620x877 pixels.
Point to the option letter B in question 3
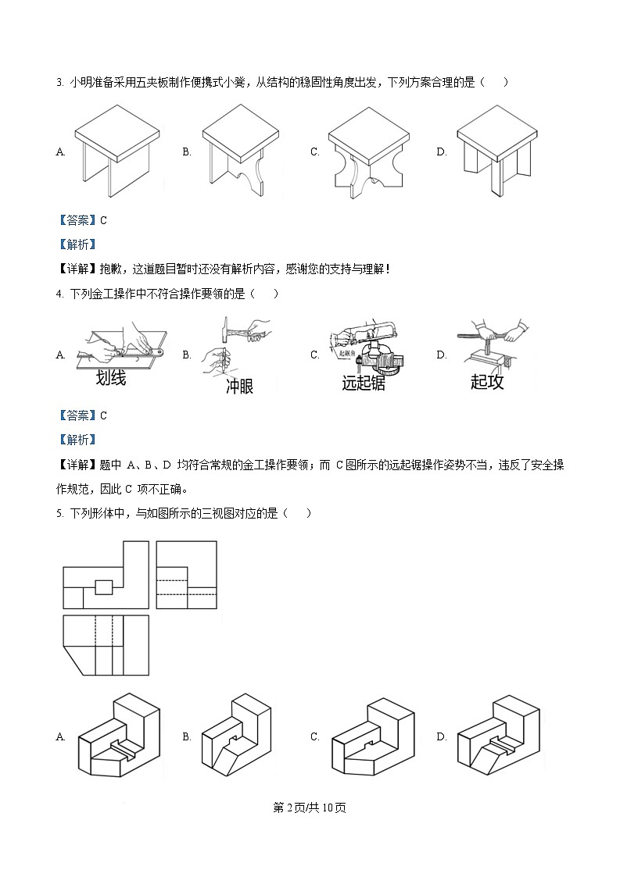[x=187, y=152]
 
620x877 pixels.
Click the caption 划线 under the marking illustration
[x=110, y=378]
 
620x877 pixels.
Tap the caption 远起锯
[x=364, y=383]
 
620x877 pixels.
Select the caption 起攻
[x=487, y=382]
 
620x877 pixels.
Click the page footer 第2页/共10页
[x=310, y=807]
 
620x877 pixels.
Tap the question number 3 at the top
[x=59, y=82]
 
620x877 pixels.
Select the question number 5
[x=59, y=513]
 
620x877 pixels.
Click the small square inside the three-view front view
[x=104, y=587]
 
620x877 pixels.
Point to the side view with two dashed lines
[x=186, y=574]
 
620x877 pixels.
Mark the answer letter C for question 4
[x=103, y=415]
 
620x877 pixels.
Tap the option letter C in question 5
[x=314, y=736]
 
